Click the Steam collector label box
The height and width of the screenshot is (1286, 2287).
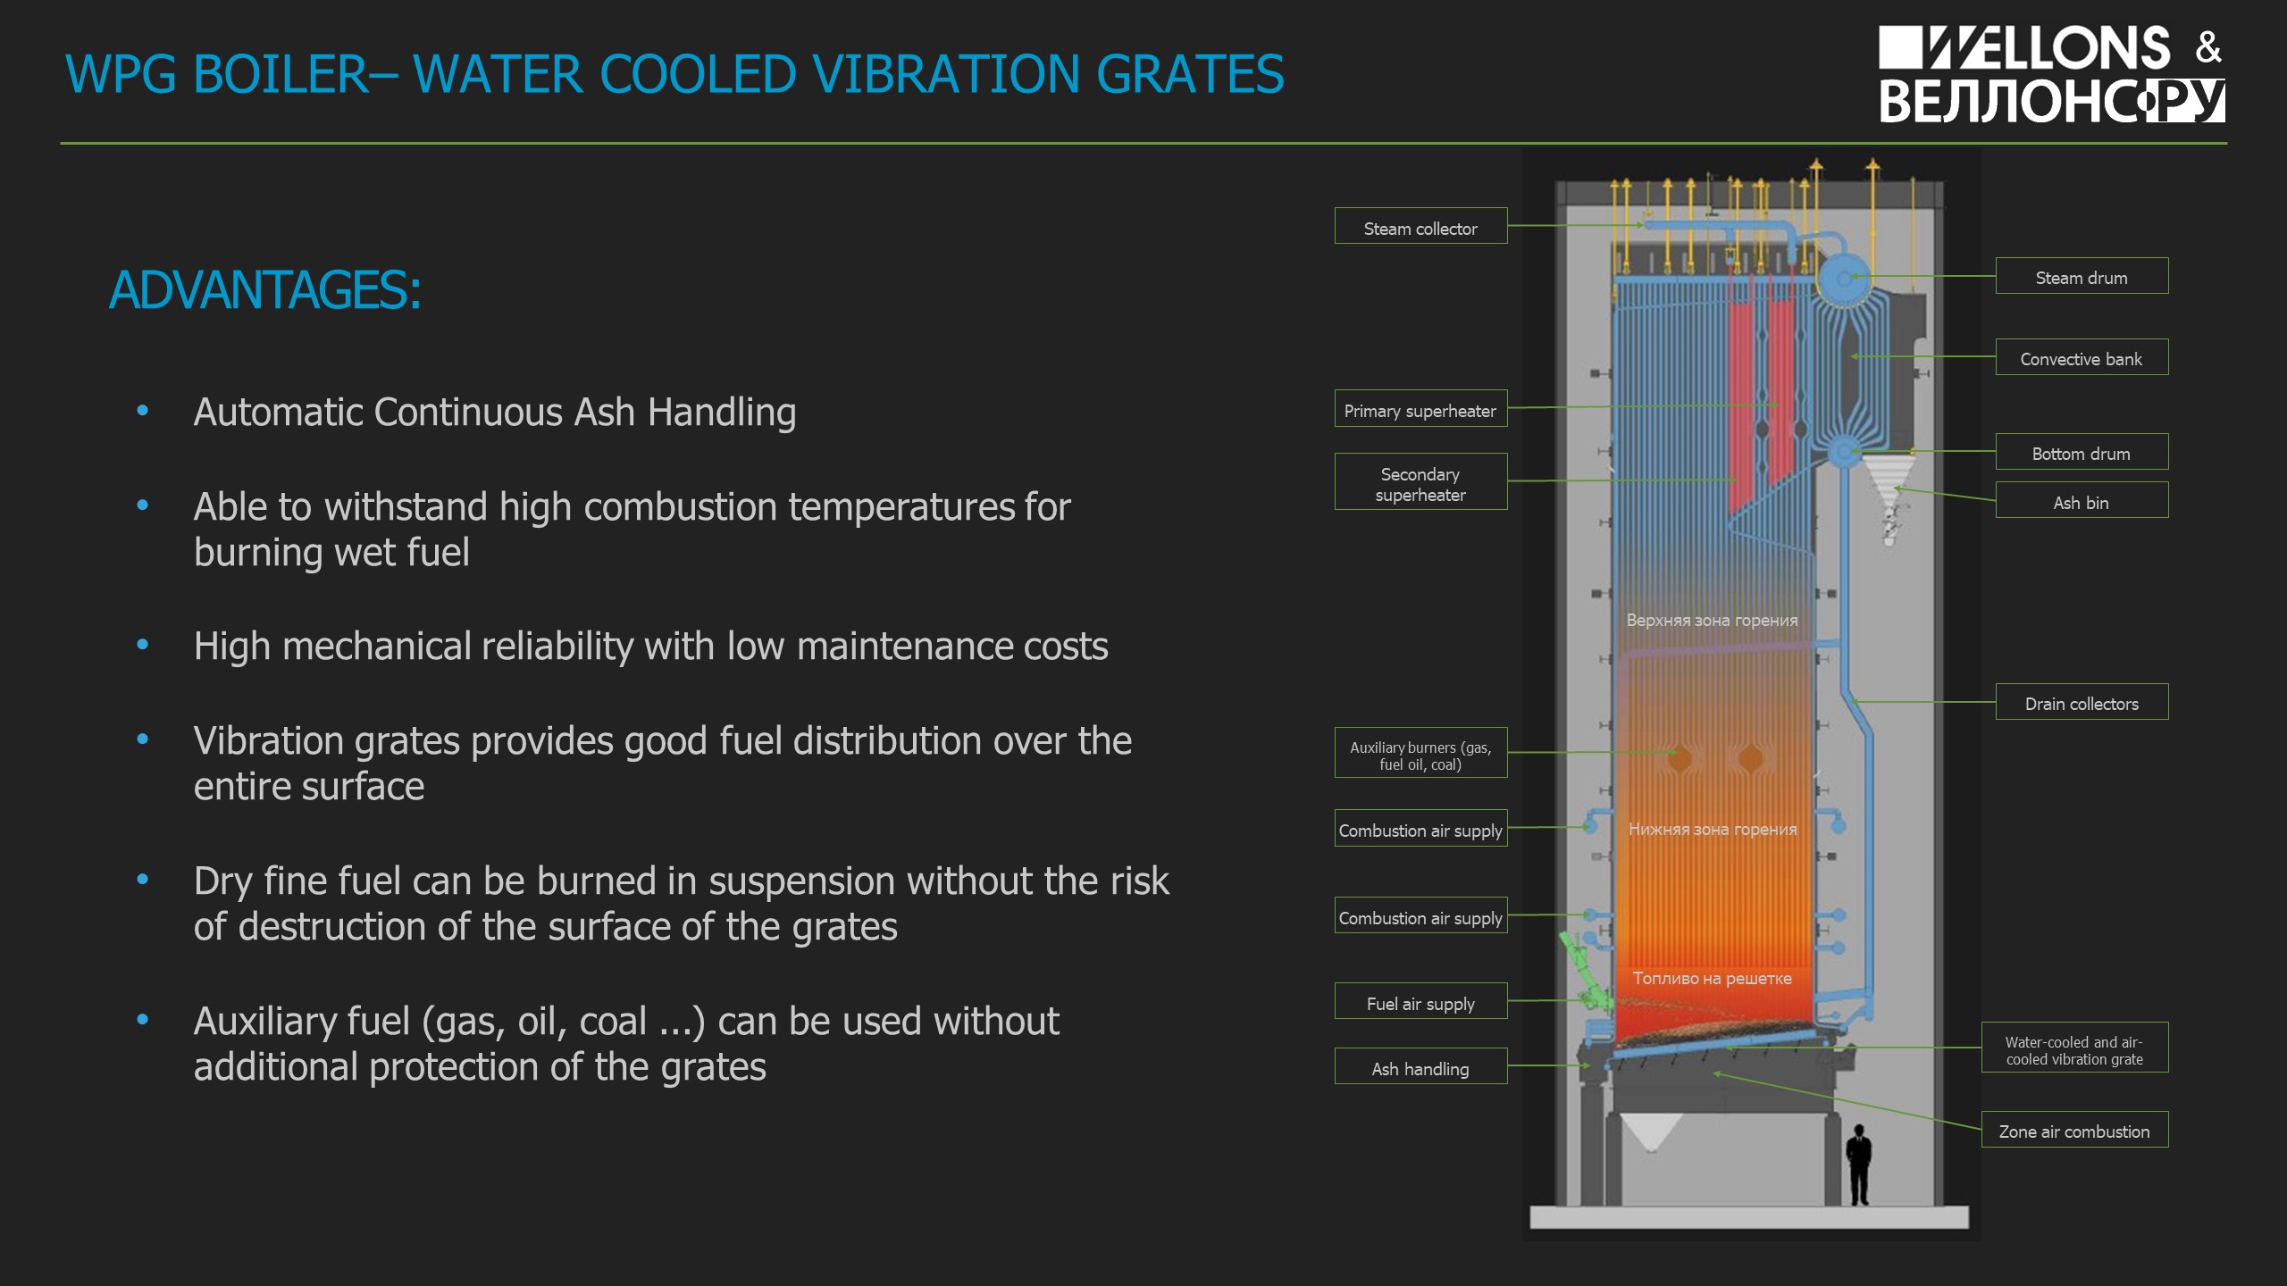point(1420,226)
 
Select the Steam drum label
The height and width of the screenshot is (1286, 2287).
point(2082,276)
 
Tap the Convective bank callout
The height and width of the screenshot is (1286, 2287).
point(2082,357)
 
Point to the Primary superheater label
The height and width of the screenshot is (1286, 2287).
point(1420,408)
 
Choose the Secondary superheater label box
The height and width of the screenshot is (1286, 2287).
point(1420,482)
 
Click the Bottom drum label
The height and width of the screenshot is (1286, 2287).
point(2082,452)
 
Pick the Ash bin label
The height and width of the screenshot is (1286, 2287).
point(2082,500)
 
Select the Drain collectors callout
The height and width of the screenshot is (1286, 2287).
point(2082,702)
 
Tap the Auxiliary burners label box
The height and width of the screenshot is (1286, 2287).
point(1420,753)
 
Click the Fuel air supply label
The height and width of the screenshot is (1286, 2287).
point(1420,1001)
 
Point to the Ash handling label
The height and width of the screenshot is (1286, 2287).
point(1420,1066)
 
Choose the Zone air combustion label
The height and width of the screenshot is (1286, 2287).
point(2074,1130)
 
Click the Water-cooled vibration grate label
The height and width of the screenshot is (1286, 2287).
point(2074,1048)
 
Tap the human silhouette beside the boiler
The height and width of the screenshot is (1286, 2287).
point(1859,1165)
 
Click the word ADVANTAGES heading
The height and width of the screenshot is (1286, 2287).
point(264,290)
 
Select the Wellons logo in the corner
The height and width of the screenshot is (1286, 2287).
point(2051,74)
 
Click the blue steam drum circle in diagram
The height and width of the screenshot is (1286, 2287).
point(1845,278)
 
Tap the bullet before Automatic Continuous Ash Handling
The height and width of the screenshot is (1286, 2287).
point(142,412)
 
